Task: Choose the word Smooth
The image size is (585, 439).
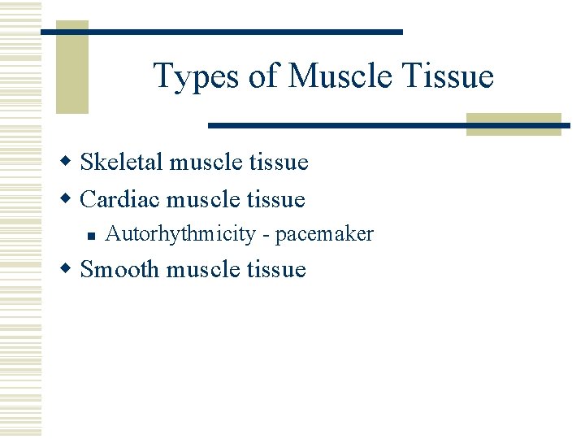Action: (120, 269)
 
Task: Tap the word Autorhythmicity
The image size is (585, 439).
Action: (180, 235)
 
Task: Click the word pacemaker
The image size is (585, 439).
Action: (324, 235)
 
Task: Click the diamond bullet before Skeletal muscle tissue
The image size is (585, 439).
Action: (70, 163)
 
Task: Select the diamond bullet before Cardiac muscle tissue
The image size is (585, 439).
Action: (70, 199)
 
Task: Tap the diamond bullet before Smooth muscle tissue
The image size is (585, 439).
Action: (70, 269)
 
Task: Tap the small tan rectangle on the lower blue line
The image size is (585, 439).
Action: (513, 124)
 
